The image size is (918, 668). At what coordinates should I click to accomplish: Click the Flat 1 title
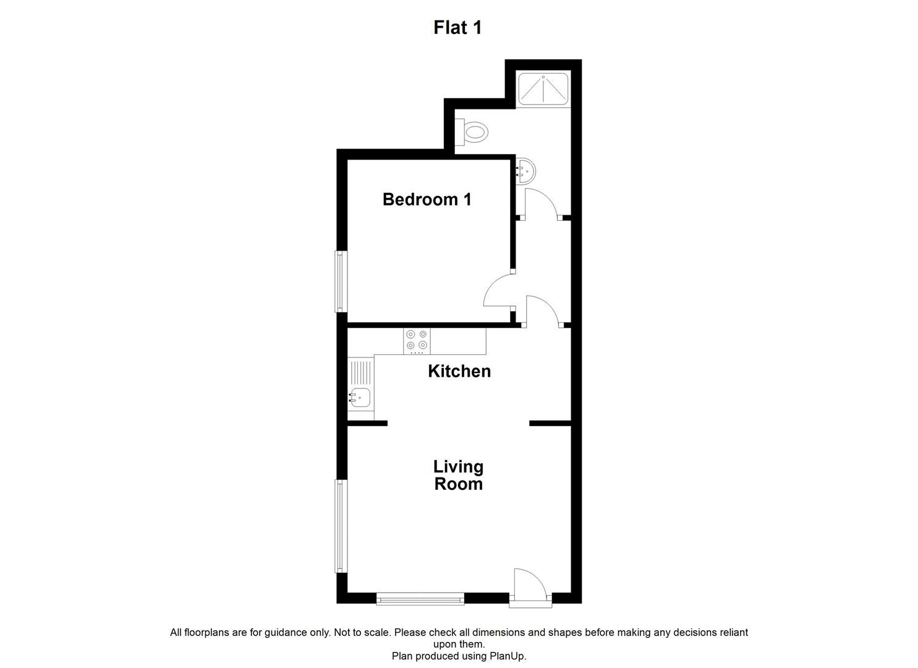[457, 28]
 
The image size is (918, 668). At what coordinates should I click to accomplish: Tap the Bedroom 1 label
[427, 199]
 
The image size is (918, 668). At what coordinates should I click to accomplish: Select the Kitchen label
[459, 371]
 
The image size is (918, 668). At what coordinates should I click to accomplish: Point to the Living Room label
[458, 475]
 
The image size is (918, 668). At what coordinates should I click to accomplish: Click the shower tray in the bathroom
[542, 88]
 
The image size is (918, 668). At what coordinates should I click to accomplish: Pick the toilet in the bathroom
[475, 132]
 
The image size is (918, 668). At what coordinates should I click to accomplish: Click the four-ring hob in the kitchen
[417, 340]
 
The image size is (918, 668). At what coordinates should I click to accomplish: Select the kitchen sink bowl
[360, 397]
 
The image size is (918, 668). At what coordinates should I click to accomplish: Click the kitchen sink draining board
[360, 372]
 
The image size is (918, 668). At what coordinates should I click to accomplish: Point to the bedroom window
[340, 281]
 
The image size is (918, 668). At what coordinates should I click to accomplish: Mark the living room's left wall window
[340, 526]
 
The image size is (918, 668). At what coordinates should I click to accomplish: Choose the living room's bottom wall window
[420, 598]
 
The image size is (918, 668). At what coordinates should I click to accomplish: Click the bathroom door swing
[541, 203]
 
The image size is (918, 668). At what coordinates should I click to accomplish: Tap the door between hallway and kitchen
[542, 310]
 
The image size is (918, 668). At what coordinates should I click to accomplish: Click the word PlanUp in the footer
[506, 656]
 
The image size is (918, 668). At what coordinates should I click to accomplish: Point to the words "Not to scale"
[363, 633]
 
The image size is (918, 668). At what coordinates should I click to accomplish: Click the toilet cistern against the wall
[459, 132]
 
